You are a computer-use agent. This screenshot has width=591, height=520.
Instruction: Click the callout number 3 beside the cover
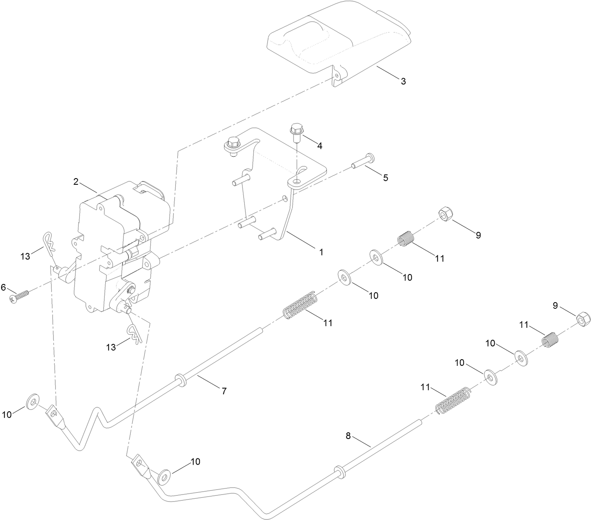point(403,81)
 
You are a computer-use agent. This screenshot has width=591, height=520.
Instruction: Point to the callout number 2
point(76,181)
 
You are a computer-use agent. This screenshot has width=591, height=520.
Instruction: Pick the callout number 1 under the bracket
point(321,251)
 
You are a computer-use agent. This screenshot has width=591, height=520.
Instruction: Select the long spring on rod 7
point(301,306)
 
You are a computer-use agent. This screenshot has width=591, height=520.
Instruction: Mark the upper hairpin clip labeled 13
point(49,243)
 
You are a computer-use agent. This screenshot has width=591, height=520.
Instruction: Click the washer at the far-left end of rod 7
point(33,401)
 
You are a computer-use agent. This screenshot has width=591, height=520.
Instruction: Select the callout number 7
point(224,391)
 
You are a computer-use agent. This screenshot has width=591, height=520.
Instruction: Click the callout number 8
point(348,436)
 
